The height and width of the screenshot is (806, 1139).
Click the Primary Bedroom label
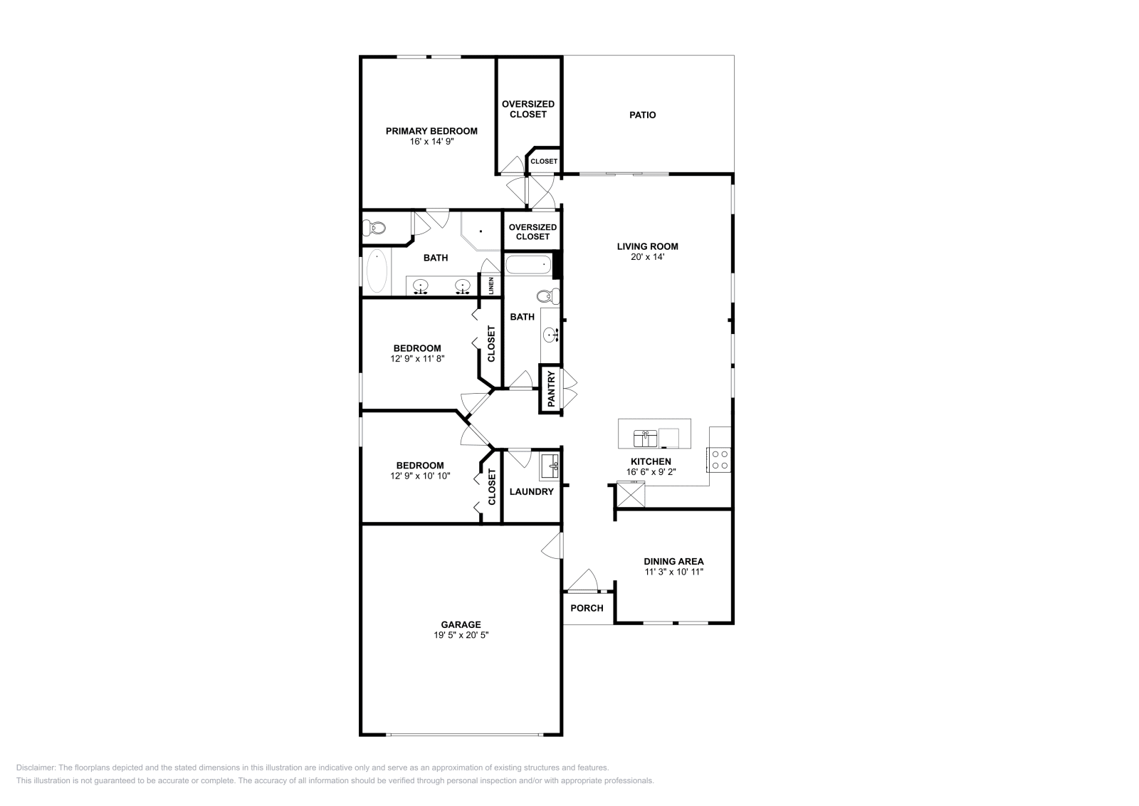tap(431, 131)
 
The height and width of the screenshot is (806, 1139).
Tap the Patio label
tap(642, 115)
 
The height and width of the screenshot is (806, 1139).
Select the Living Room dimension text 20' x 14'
tap(647, 257)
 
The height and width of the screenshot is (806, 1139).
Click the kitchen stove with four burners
tap(719, 459)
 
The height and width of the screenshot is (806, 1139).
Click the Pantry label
tap(551, 389)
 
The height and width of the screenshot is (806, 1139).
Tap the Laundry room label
tap(531, 491)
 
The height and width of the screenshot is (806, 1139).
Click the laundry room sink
tap(550, 467)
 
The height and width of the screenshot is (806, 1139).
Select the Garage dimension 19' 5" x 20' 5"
tap(461, 635)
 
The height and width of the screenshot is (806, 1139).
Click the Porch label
tap(587, 608)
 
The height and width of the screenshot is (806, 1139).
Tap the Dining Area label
tap(673, 561)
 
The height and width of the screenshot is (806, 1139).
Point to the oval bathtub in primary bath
tap(377, 271)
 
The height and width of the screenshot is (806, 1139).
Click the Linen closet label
tap(491, 286)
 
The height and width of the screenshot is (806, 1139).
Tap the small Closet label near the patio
tap(544, 162)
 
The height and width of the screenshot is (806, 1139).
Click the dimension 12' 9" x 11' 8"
tap(417, 359)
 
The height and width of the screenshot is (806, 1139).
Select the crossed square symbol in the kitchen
tap(630, 494)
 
